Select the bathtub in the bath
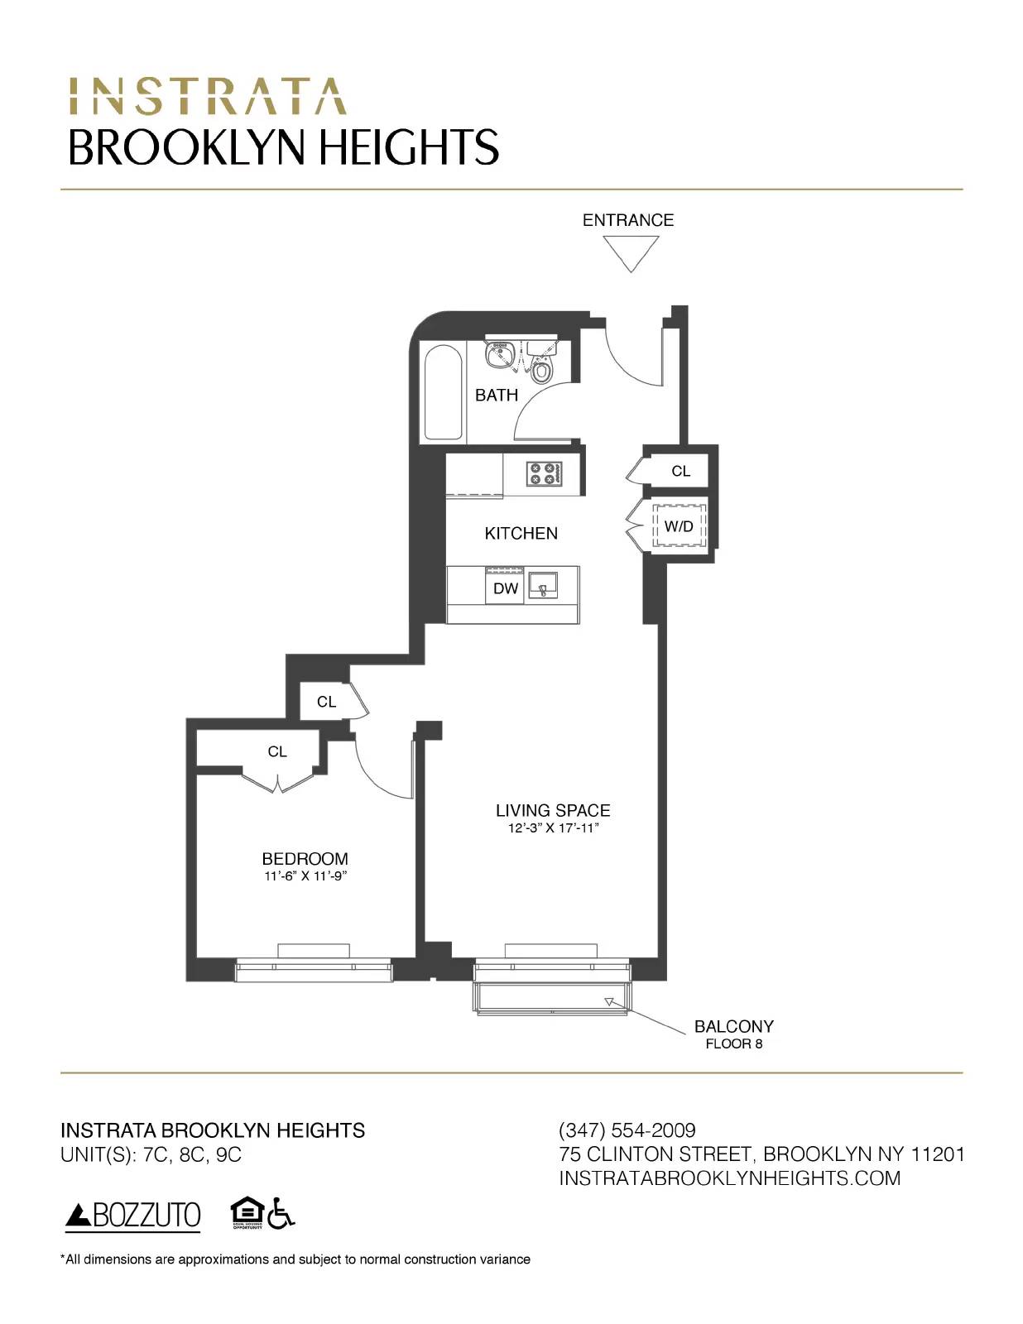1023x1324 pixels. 443,392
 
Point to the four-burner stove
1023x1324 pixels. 544,474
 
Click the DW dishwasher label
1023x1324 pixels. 505,588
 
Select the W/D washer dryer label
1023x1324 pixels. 679,526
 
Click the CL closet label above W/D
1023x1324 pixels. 680,471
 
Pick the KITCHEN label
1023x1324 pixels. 521,534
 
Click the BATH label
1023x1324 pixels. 496,396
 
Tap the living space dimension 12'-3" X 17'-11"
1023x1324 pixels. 553,828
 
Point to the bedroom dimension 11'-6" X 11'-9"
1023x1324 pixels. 305,876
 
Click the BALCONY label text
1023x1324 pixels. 733,1026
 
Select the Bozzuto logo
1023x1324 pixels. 133,1215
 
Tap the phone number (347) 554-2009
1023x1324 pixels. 627,1130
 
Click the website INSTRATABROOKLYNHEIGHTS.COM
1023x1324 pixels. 729,1178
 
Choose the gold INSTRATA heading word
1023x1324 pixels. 207,97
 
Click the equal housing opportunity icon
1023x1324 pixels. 246,1212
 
